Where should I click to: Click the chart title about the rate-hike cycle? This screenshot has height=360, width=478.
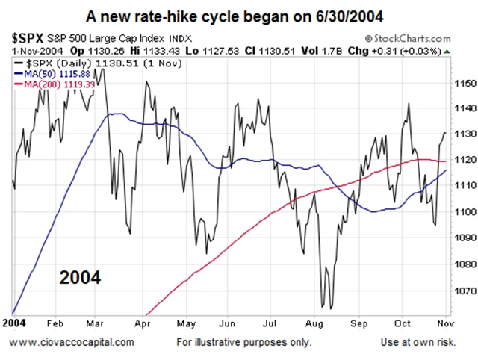click(239, 14)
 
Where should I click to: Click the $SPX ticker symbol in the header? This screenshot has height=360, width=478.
click(28, 36)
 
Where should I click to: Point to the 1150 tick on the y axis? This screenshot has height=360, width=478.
click(464, 83)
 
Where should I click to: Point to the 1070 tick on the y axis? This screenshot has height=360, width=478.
click(464, 291)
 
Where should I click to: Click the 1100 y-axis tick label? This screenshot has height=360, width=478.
click(464, 212)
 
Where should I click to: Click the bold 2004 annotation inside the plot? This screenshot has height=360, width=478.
click(80, 278)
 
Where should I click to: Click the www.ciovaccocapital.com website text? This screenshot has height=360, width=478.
click(72, 342)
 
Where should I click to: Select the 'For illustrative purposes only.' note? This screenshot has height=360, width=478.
click(244, 342)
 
